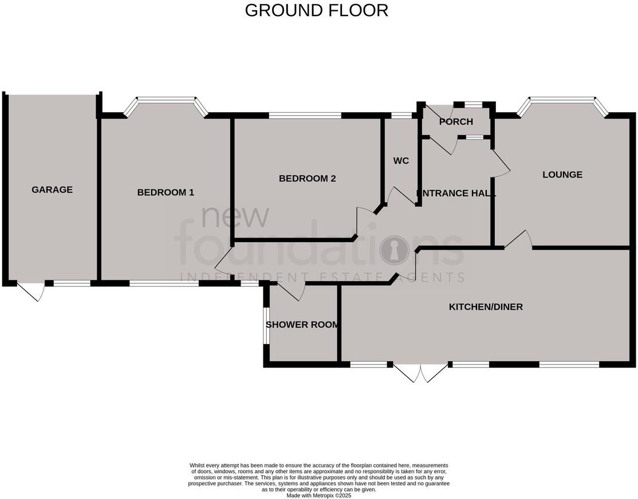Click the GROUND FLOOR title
point(316,10)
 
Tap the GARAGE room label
point(52,189)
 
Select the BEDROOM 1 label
point(166,192)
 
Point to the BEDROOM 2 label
point(307,179)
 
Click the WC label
point(401,161)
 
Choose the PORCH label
point(456,121)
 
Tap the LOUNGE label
point(562,175)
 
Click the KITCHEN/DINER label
point(486,307)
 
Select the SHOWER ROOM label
point(302,324)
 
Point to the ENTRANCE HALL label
point(456,193)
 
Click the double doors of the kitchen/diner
point(420,373)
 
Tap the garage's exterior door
point(32,291)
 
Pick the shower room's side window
point(266,326)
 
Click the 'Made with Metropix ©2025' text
point(319,496)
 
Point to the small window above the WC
point(401,116)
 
